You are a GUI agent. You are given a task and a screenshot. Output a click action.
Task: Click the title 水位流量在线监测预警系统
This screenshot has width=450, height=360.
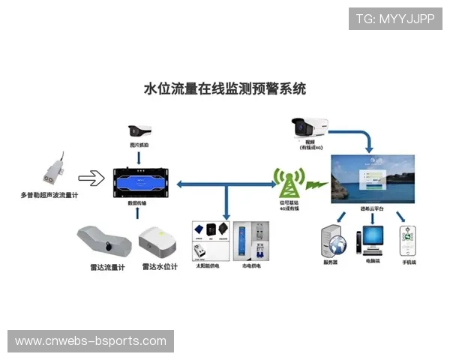(x=224, y=88)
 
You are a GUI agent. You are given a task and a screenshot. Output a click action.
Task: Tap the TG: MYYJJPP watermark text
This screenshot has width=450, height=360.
(x=394, y=19)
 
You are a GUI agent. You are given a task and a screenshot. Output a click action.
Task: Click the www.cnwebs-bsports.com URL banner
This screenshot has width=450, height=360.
(x=90, y=341)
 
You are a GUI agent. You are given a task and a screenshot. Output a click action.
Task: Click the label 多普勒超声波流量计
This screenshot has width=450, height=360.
(x=49, y=196)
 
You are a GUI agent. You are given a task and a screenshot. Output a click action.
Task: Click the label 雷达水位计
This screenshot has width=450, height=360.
(x=158, y=265)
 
